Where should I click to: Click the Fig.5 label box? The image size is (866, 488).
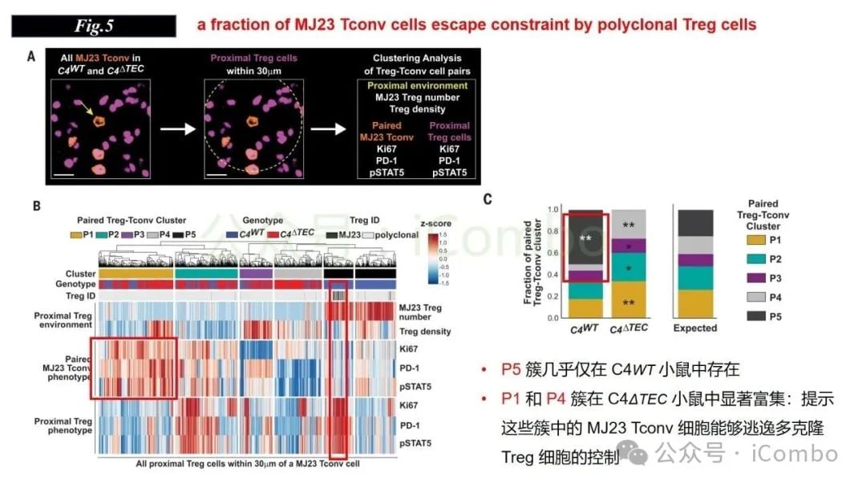(x=93, y=26)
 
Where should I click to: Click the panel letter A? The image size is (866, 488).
(x=31, y=57)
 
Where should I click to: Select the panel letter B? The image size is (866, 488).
(x=36, y=206)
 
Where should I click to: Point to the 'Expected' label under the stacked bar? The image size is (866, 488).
(x=695, y=328)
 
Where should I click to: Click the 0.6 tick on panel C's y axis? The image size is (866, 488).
(x=552, y=253)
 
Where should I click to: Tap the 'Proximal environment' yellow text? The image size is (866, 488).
(x=417, y=85)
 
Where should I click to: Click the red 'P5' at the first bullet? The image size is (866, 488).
(x=512, y=369)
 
